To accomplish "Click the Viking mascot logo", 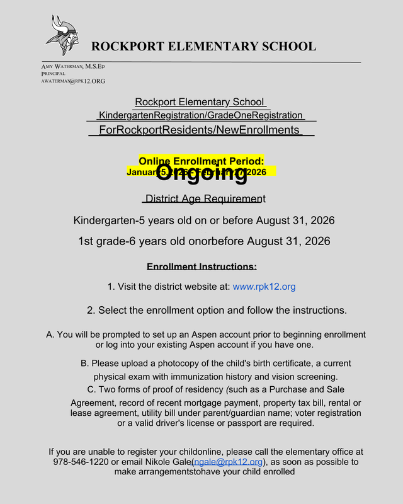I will tap(62, 36).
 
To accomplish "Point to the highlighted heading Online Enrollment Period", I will tap(201, 161).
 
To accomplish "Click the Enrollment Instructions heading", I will tap(201, 266).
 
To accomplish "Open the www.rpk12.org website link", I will tap(264, 287).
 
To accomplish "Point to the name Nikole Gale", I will tap(166, 462).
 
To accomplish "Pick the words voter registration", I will tap(321, 413).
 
